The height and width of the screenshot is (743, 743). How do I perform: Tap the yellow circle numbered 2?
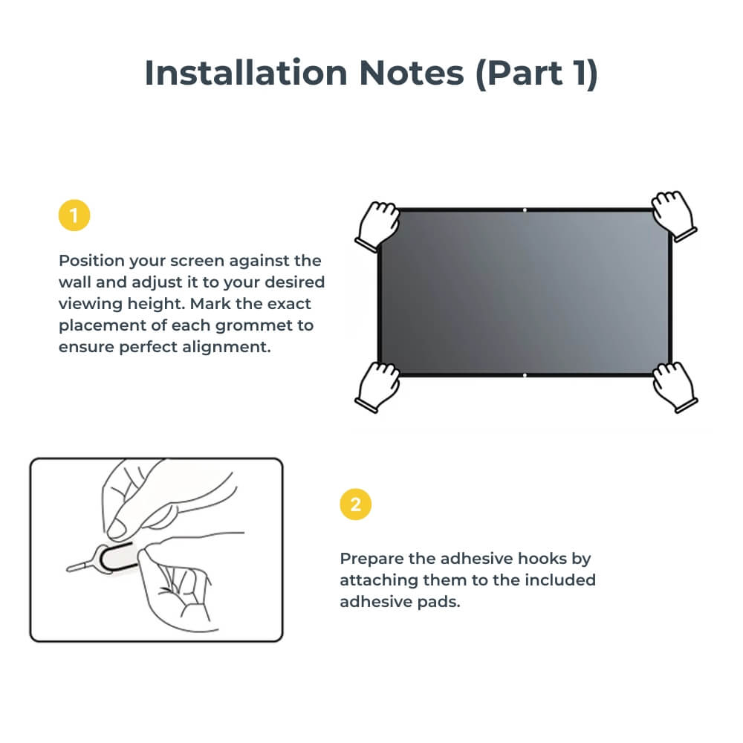(x=355, y=504)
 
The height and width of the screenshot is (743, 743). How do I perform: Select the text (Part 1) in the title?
(x=537, y=73)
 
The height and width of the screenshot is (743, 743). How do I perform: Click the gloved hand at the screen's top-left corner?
(x=378, y=224)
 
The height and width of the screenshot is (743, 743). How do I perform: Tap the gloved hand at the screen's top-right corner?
(x=672, y=215)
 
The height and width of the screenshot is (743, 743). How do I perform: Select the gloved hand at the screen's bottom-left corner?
(x=378, y=386)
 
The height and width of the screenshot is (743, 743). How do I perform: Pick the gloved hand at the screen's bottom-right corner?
(x=673, y=386)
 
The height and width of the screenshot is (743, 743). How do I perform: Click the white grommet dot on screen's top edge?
(x=525, y=210)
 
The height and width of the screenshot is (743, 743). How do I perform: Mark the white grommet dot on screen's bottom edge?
(x=525, y=376)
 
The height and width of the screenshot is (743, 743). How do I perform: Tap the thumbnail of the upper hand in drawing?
(x=117, y=528)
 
